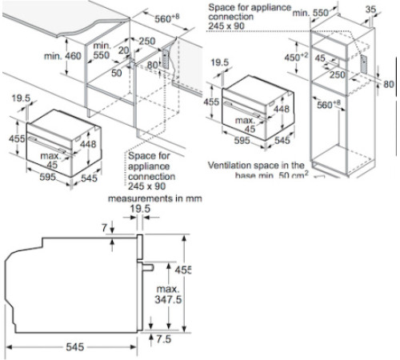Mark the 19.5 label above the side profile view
(x=142, y=210)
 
